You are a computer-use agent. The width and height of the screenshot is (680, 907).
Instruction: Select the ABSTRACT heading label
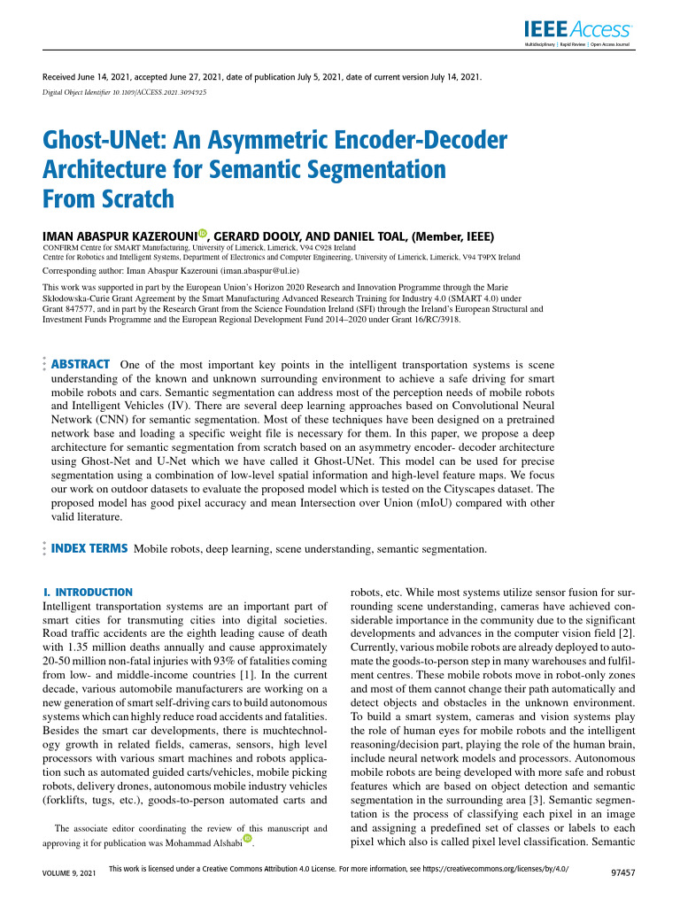(x=81, y=364)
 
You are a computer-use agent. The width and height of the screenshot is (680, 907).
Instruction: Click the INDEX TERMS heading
(x=90, y=549)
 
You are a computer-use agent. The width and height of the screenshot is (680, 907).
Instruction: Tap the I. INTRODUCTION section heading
(x=89, y=592)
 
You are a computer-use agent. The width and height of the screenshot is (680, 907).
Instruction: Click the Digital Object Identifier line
(x=125, y=91)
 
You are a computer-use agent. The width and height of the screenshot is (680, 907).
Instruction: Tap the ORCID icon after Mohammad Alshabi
(x=247, y=839)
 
